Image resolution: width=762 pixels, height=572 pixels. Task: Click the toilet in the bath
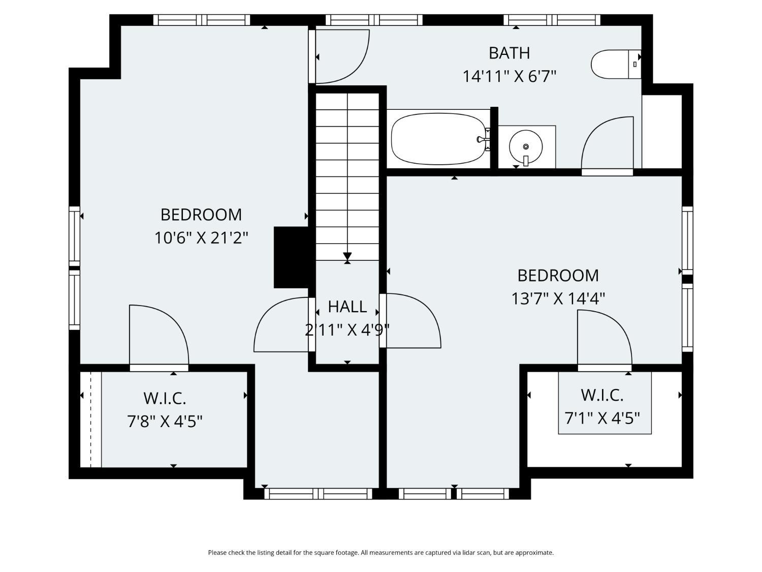tap(616, 64)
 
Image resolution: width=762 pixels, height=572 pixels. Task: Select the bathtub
tap(439, 139)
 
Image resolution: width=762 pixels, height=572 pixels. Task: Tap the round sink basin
tap(526, 146)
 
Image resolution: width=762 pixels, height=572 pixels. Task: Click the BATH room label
tap(510, 53)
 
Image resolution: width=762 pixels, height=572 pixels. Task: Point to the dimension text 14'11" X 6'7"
tap(510, 76)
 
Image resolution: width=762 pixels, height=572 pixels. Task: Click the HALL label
tap(347, 306)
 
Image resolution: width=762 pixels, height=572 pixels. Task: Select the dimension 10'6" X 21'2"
tap(201, 238)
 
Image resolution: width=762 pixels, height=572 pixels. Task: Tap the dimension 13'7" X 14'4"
tap(558, 298)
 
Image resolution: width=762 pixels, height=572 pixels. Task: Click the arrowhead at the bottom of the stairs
tap(347, 256)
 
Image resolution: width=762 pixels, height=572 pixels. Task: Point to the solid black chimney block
tap(291, 257)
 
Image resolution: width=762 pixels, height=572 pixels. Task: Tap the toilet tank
tap(635, 64)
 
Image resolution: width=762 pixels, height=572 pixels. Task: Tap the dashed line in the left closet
tap(91, 419)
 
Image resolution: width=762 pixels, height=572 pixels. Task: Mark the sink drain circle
tap(526, 146)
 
